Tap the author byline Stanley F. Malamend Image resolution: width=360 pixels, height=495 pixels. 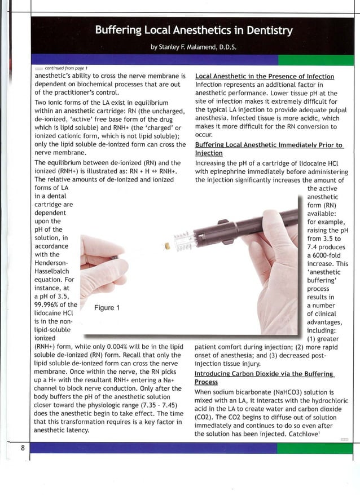point(194,47)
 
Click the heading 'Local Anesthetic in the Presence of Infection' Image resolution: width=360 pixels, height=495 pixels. point(264,76)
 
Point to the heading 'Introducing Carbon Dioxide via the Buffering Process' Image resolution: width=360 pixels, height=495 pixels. point(264,378)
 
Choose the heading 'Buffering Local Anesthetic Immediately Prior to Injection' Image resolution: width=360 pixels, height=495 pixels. point(269,149)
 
